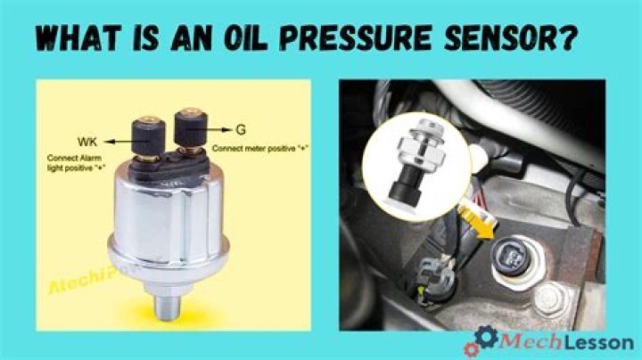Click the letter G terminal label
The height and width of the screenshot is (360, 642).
pyautogui.click(x=239, y=128)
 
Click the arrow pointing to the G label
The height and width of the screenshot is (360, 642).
pyautogui.click(x=220, y=128)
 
